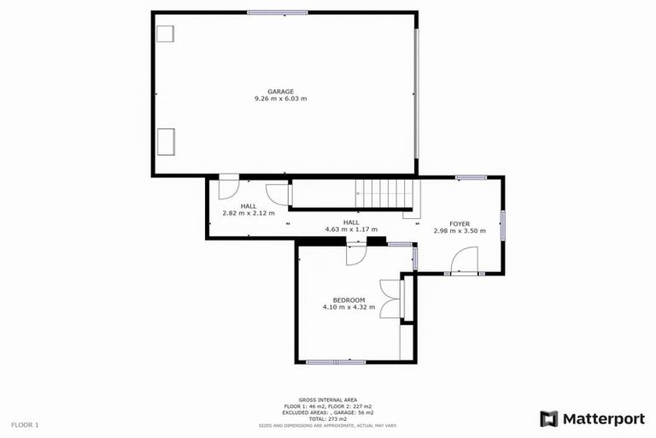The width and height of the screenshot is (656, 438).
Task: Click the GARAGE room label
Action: point(280,92)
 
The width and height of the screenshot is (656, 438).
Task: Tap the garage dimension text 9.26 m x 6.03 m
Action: point(280,99)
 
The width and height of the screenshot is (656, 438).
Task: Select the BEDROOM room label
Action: point(348,299)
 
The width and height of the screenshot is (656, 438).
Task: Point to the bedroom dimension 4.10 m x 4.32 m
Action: point(348,307)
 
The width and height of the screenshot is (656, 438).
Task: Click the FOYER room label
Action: point(460,223)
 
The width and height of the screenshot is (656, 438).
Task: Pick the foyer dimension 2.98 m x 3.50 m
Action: point(460,231)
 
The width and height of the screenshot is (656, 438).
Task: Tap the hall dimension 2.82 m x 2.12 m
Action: point(249,213)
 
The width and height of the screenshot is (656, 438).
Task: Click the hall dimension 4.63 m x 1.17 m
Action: point(351,229)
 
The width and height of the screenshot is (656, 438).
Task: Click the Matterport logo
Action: point(590,418)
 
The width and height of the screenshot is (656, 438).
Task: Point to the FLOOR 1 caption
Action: point(25,424)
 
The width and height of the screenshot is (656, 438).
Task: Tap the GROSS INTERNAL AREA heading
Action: point(328,400)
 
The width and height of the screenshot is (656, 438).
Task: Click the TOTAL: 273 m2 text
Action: point(328,419)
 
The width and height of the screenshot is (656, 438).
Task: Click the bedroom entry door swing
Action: point(356,254)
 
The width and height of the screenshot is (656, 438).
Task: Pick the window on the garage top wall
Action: point(278,12)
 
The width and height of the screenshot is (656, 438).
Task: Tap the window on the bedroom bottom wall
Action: point(336,362)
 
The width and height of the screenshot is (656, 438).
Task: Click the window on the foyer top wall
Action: point(471,178)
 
